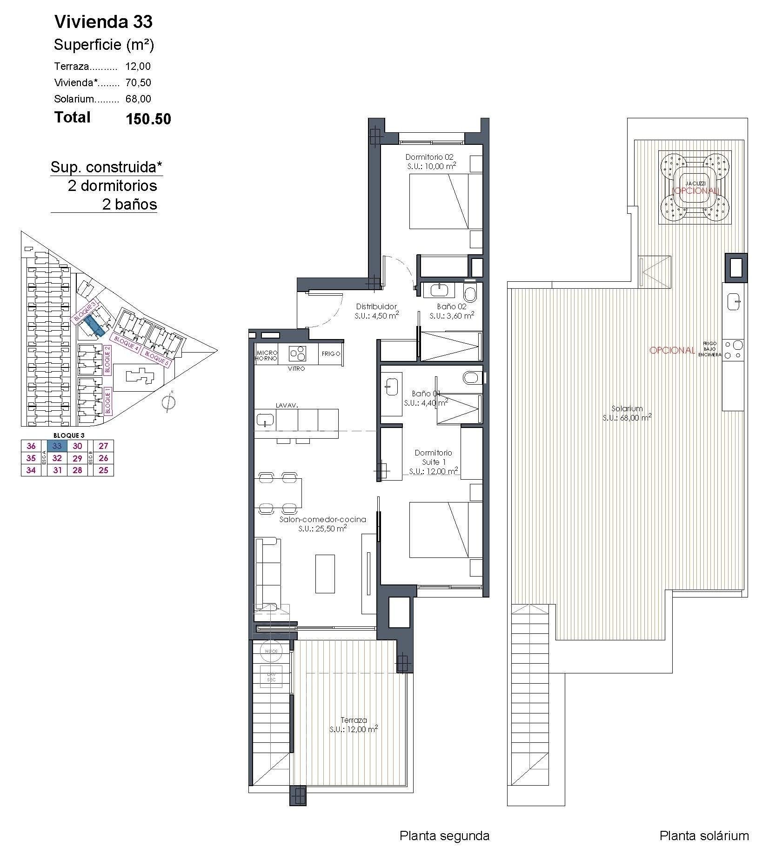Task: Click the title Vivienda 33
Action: pos(103,22)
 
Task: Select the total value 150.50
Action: pos(148,119)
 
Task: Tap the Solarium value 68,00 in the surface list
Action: pos(138,99)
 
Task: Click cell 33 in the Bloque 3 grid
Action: pos(57,446)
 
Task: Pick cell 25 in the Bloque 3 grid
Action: pos(103,470)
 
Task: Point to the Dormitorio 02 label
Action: pos(429,157)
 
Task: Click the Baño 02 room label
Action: pos(451,306)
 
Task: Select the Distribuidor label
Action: pos(376,306)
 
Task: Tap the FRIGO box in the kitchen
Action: pos(331,353)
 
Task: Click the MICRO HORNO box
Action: pos(267,356)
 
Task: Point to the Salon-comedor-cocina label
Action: pos(322,519)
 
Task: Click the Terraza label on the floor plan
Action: pos(354,720)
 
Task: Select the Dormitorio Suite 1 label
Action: pos(433,457)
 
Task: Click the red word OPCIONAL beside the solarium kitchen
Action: pos(672,350)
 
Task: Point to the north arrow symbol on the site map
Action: pos(169,402)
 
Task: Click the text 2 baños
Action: pos(129,204)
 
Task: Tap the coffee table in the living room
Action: pos(325,573)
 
